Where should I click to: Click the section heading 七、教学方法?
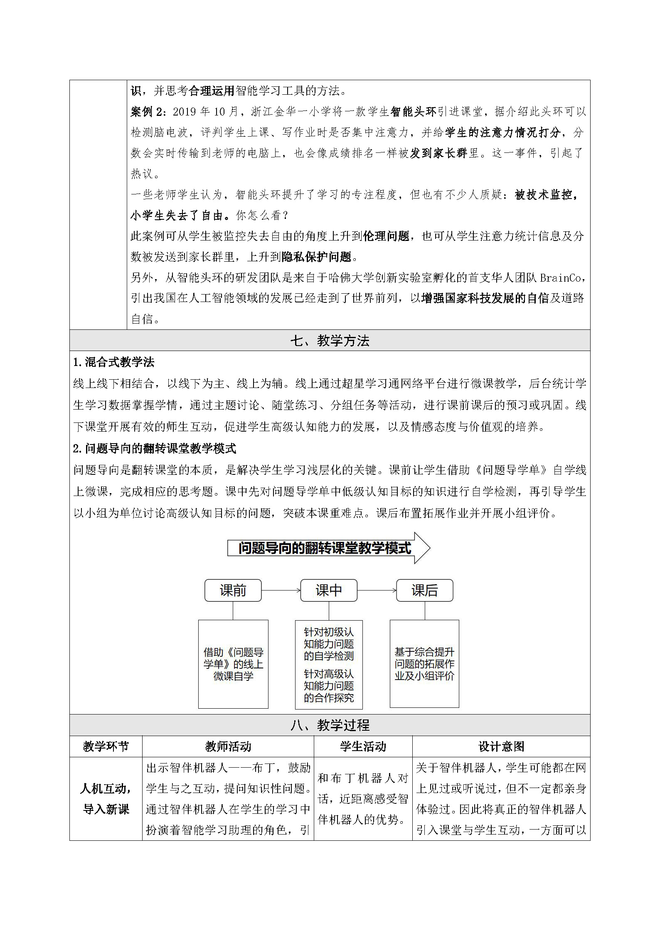330,341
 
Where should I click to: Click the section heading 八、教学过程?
330,725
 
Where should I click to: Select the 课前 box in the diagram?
233,590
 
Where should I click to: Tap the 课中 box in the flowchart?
329,590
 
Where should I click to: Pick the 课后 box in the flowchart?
424,590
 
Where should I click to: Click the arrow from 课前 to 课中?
281,590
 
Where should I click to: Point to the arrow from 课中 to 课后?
377,590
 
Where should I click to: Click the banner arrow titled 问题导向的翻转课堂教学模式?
328,548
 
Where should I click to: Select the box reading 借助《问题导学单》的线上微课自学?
233,664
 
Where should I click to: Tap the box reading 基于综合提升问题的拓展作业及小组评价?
424,664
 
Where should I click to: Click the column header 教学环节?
106,746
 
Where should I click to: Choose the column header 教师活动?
228,746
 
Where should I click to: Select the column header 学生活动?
363,746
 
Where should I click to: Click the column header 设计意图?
501,746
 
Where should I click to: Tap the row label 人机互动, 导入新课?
106,799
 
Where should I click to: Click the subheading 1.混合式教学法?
113,362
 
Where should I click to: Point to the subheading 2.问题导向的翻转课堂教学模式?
155,449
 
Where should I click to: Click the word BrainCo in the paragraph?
562,277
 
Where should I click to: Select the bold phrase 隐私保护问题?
316,257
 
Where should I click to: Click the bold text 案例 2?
148,112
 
